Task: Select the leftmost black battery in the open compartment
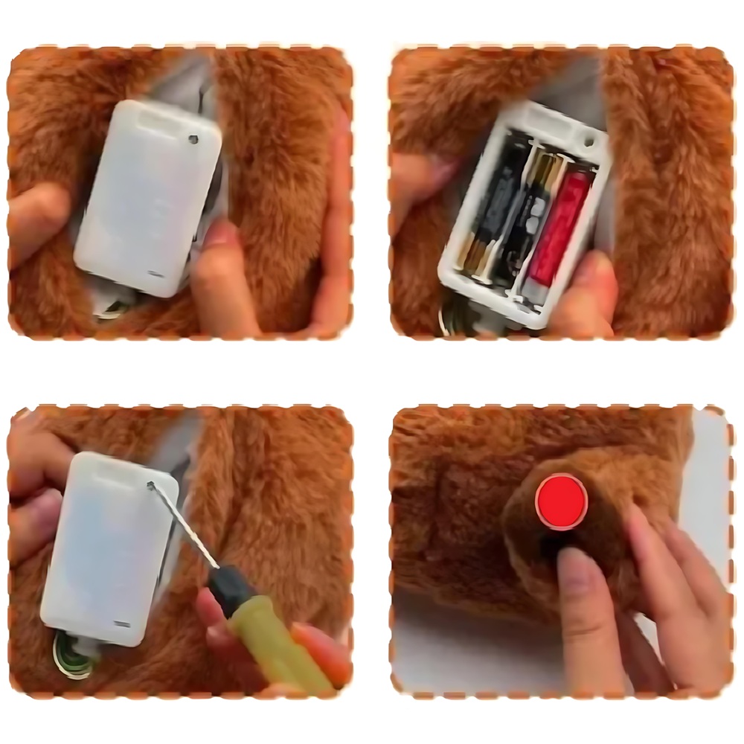(491, 208)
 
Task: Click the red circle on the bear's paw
(562, 501)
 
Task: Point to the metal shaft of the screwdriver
(186, 528)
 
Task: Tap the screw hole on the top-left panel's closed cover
(193, 138)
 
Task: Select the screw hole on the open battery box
(589, 139)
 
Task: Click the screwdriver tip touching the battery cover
(153, 486)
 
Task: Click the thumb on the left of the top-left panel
(37, 223)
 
